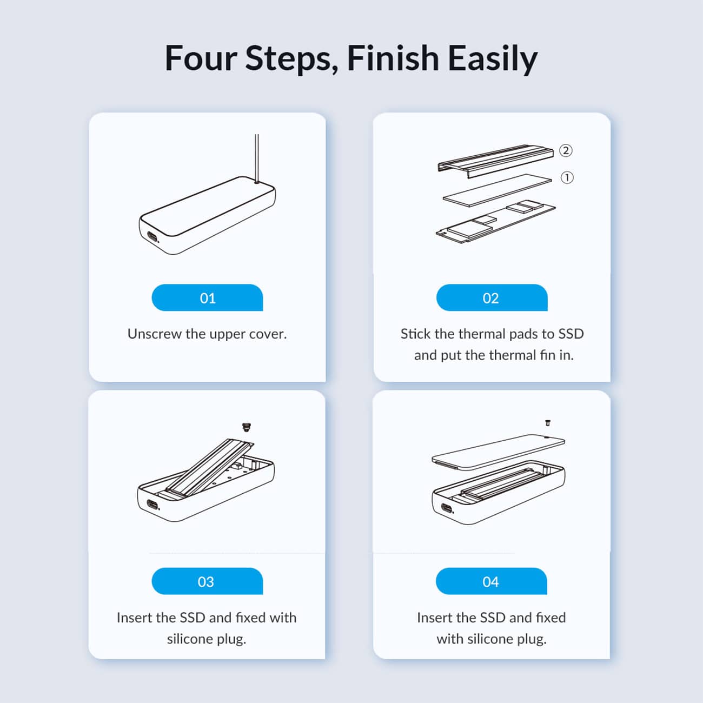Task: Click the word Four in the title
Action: (201, 58)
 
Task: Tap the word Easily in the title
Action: (493, 59)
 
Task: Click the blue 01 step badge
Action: (207, 297)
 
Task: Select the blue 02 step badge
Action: (492, 297)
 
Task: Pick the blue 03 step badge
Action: (207, 581)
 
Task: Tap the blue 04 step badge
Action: (492, 581)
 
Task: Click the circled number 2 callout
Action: (566, 150)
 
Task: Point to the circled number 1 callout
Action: (567, 178)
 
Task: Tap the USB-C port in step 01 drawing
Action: (152, 236)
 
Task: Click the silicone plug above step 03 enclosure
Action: (247, 427)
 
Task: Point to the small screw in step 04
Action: (548, 423)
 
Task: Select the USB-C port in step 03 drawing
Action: (152, 505)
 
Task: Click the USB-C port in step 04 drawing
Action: (447, 508)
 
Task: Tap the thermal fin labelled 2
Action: (496, 161)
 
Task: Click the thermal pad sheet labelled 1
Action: (498, 190)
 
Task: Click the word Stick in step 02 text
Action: (416, 334)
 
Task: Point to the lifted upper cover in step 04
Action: (499, 452)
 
